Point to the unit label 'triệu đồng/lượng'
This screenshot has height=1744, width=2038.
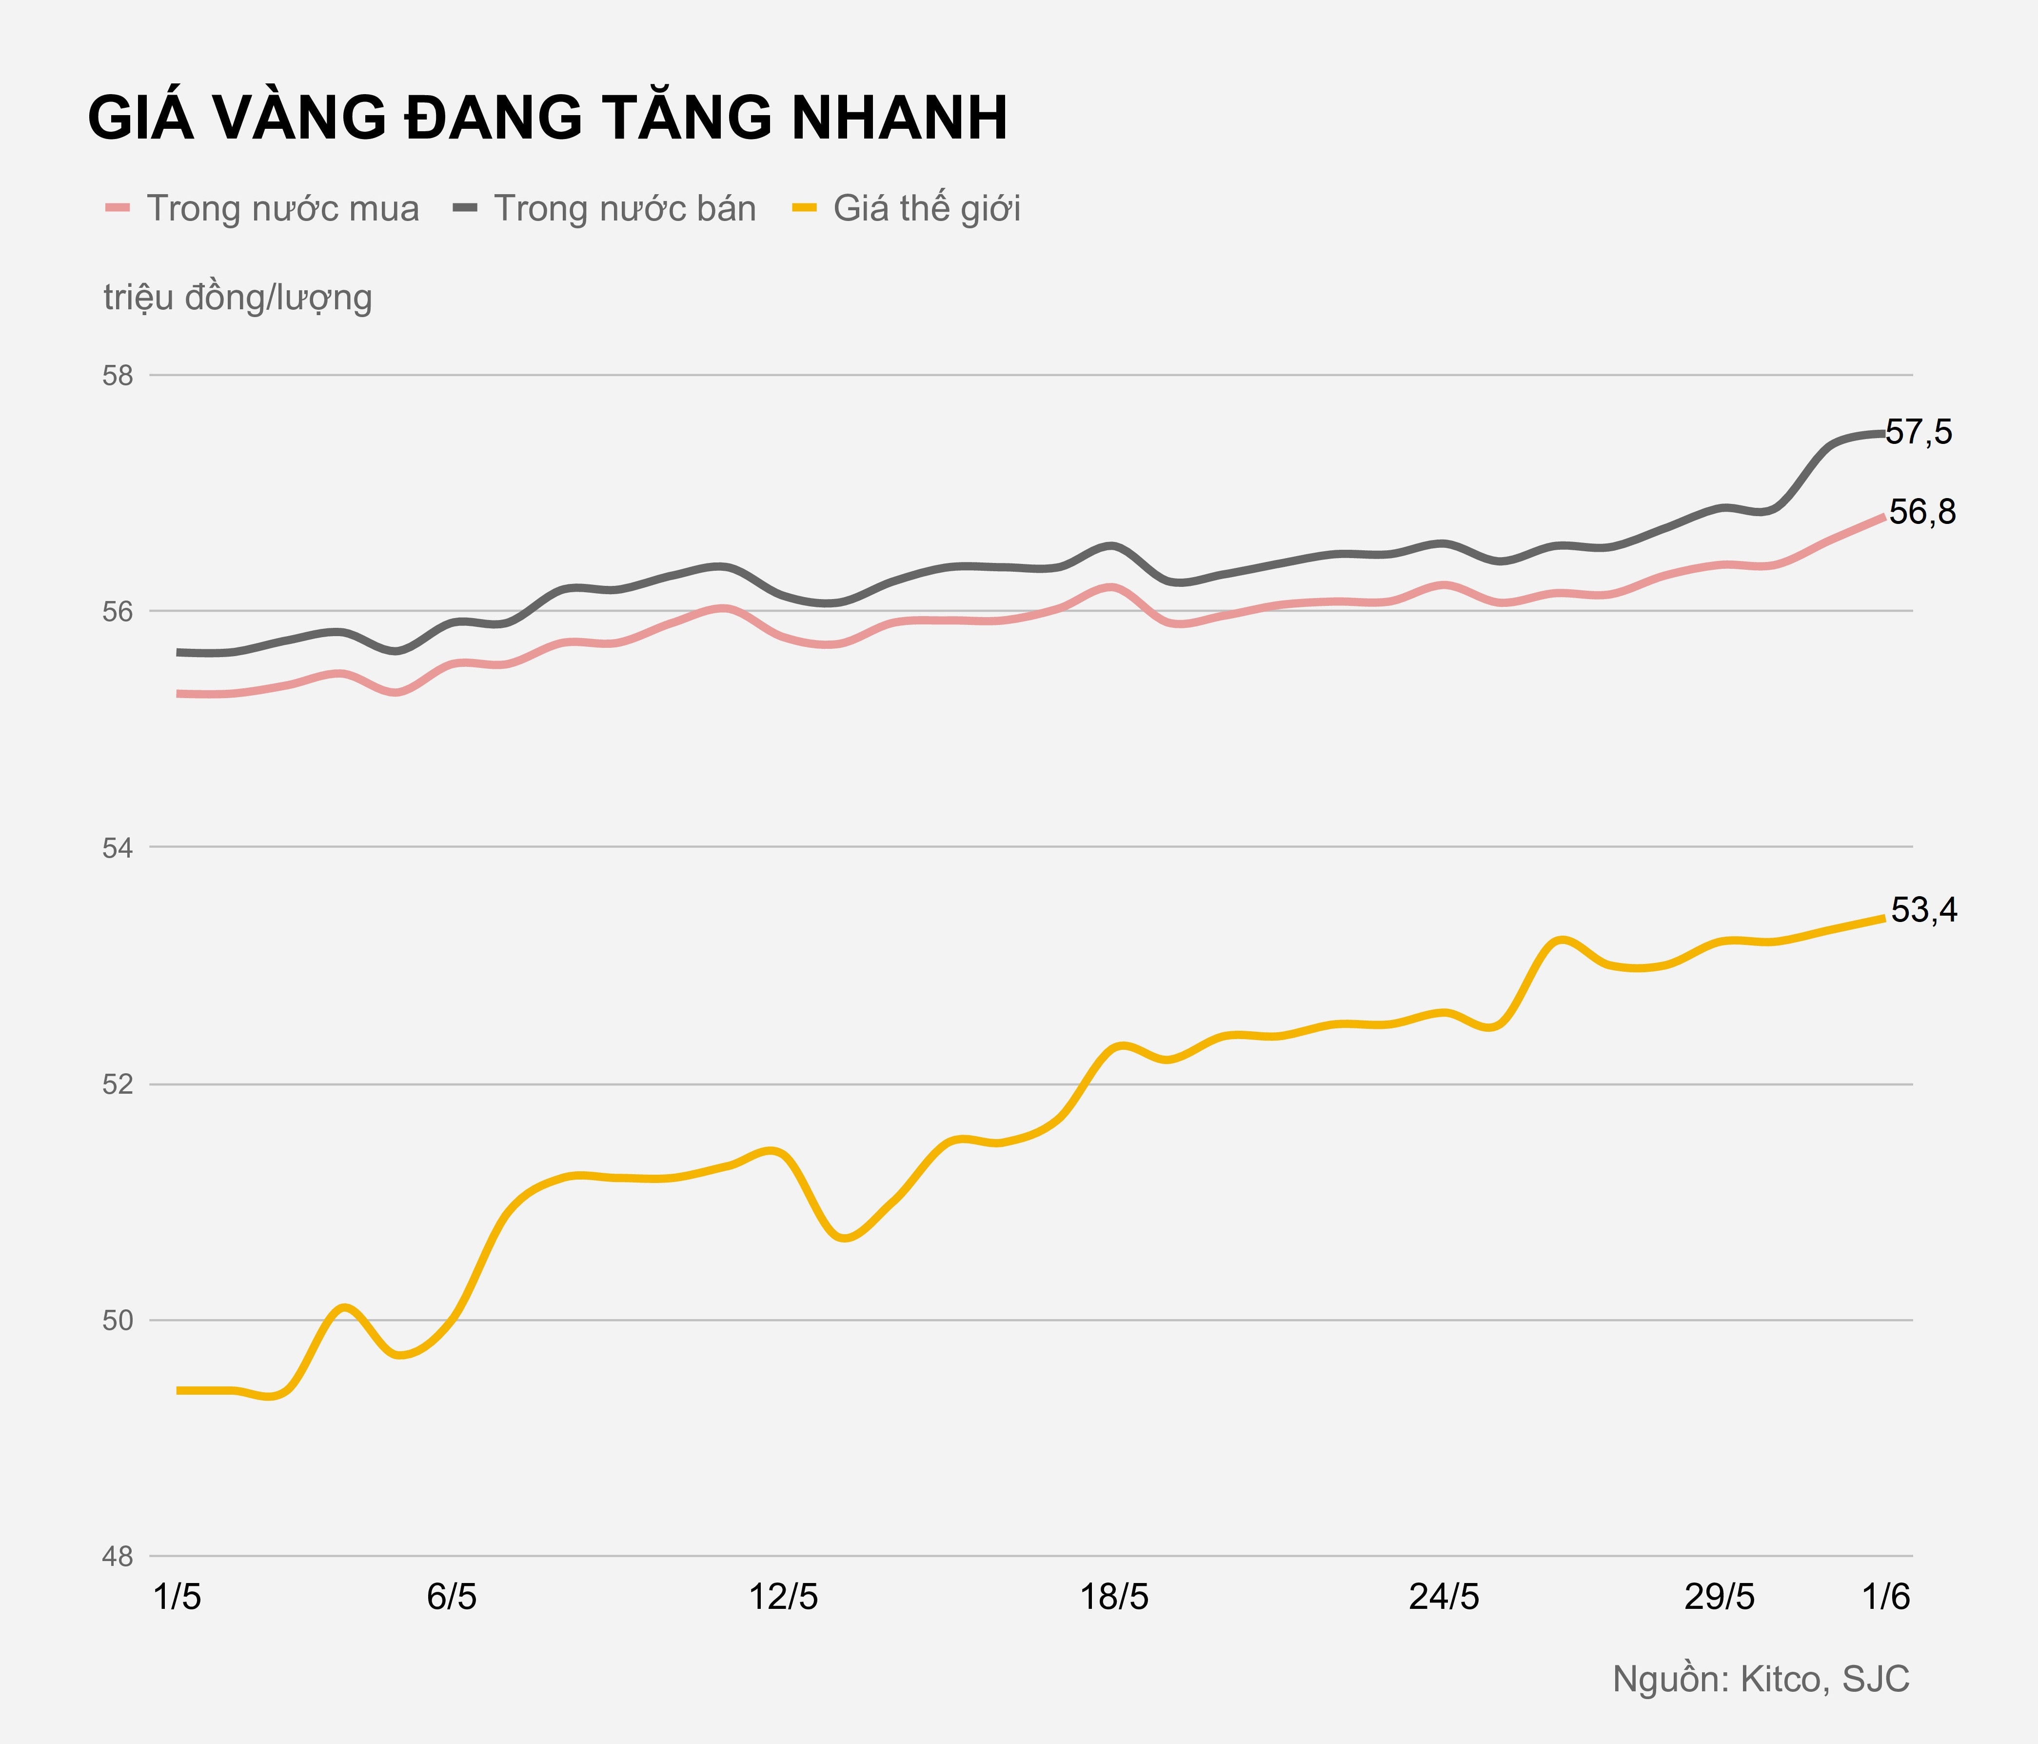click(x=238, y=297)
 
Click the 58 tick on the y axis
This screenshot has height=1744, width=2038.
click(x=118, y=376)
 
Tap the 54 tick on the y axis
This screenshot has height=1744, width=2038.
click(x=118, y=847)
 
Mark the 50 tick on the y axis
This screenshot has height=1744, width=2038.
click(x=118, y=1320)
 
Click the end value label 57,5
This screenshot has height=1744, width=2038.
click(x=1919, y=432)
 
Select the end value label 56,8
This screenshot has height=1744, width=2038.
click(x=1923, y=513)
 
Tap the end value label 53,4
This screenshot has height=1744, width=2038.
click(x=1924, y=911)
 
